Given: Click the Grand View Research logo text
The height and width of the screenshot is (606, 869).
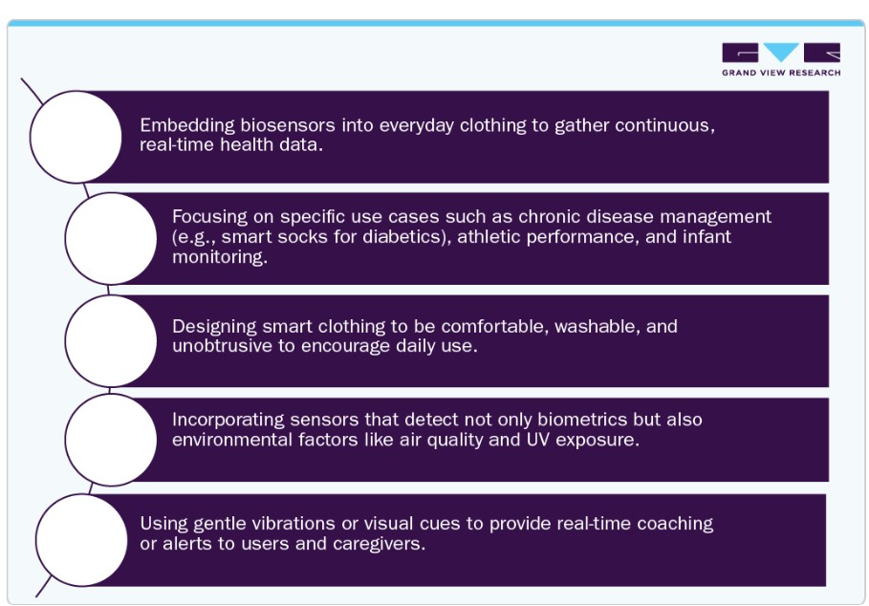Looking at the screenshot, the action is click(781, 73).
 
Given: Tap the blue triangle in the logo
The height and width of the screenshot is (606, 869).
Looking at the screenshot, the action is click(781, 51).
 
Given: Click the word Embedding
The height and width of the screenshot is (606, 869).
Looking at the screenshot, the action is click(187, 126).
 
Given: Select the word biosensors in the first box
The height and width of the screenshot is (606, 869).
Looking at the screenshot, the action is click(288, 125).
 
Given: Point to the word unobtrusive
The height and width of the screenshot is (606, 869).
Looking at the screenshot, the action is click(222, 346).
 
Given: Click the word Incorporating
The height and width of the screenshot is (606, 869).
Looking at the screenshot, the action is click(228, 420).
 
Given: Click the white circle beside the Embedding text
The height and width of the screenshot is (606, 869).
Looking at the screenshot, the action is click(76, 137).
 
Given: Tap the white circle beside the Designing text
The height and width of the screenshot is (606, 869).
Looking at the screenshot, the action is click(111, 340).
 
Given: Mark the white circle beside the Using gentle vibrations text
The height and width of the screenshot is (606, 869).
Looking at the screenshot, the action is click(81, 540).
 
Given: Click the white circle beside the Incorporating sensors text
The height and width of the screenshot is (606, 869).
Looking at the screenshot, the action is click(111, 440).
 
